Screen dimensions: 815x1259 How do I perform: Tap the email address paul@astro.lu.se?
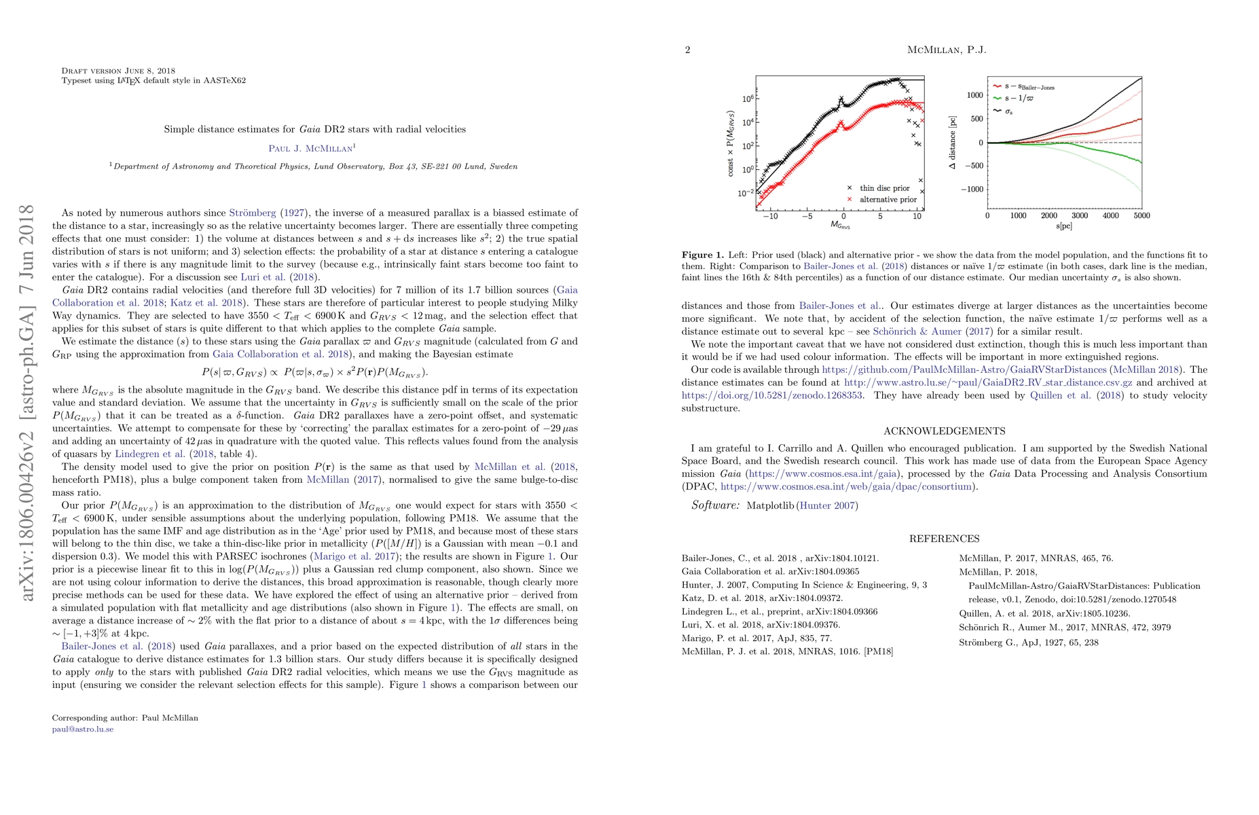click(x=83, y=729)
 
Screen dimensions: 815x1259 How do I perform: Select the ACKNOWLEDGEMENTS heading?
click(x=944, y=431)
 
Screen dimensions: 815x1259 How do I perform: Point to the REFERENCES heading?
click(x=944, y=539)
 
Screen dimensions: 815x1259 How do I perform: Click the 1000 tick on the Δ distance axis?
click(x=974, y=96)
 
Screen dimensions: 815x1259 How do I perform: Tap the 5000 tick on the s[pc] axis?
click(x=1142, y=216)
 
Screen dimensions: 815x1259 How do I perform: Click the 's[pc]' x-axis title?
click(x=1065, y=225)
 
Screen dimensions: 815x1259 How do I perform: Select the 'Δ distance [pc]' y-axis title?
click(x=953, y=143)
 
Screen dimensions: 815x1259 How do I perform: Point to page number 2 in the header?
click(x=687, y=50)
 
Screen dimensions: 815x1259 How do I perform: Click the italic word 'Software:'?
click(x=715, y=505)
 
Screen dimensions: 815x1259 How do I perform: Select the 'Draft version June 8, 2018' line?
click(x=118, y=71)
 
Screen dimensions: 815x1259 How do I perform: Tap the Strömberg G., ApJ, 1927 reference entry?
click(x=1028, y=642)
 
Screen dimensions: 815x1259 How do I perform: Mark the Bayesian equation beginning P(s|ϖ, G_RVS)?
click(x=314, y=372)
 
